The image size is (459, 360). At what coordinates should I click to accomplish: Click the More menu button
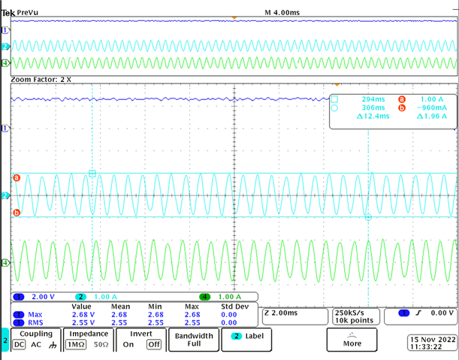(352, 340)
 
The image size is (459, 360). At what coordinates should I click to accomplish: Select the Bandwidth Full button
(194, 340)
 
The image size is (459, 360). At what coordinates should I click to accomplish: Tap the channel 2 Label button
(246, 340)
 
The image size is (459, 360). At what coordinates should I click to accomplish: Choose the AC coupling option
(36, 344)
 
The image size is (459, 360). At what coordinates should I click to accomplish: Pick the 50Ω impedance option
(101, 344)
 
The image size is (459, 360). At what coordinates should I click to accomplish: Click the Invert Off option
(154, 344)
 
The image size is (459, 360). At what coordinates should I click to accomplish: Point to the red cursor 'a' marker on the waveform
(17, 177)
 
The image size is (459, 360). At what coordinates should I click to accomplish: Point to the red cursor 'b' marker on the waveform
(17, 213)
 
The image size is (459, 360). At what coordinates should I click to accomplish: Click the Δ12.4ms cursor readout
(373, 116)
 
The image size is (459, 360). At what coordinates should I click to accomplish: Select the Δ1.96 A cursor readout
(432, 116)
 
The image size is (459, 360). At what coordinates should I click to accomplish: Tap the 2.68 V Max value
(83, 315)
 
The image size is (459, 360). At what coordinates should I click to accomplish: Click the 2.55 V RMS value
(83, 322)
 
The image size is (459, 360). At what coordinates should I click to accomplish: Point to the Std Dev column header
(235, 307)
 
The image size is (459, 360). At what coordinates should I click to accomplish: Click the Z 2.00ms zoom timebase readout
(281, 313)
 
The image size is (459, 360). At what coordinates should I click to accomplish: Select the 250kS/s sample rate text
(349, 313)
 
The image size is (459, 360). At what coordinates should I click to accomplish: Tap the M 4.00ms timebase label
(282, 13)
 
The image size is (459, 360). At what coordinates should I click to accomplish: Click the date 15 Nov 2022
(433, 340)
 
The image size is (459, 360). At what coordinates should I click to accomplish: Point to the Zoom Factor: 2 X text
(41, 80)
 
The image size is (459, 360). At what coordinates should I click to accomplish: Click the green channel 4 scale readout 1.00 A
(230, 297)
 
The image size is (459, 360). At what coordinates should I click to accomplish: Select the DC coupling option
(19, 344)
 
